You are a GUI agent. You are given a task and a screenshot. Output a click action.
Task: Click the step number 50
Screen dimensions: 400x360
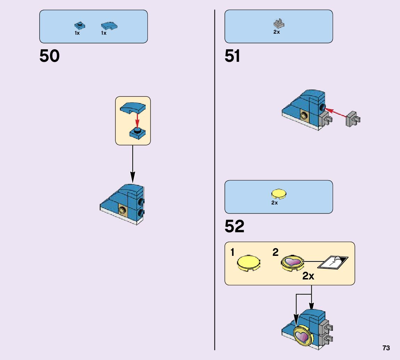(x=49, y=56)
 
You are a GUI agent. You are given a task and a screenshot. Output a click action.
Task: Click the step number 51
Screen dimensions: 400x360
(x=232, y=56)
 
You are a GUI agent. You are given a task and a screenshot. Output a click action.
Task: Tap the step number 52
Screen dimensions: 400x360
(x=235, y=226)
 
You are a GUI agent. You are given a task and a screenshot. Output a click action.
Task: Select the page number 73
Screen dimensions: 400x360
(x=386, y=348)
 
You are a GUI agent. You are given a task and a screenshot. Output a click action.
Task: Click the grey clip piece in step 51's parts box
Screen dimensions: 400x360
(x=279, y=24)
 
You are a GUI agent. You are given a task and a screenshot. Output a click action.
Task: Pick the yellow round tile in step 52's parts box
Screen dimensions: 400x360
(x=279, y=194)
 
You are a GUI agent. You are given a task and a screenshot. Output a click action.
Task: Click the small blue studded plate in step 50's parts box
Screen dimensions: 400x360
(x=80, y=25)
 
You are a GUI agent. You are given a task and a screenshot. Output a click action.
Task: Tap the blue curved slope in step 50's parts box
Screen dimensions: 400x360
(x=109, y=26)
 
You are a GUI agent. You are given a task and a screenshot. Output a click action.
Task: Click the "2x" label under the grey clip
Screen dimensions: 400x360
(x=277, y=32)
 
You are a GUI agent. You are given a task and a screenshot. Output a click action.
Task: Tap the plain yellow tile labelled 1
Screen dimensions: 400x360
(x=249, y=263)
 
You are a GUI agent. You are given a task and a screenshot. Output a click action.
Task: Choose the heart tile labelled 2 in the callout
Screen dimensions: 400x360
(x=292, y=263)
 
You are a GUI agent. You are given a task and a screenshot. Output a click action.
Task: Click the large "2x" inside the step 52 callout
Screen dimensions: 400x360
(x=308, y=276)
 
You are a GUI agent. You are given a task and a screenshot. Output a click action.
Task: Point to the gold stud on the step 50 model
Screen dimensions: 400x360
(x=123, y=210)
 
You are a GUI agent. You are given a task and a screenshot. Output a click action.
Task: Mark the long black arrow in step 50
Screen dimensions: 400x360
(x=132, y=163)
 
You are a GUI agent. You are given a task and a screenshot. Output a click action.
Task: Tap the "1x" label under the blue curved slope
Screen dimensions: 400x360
(x=104, y=33)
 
